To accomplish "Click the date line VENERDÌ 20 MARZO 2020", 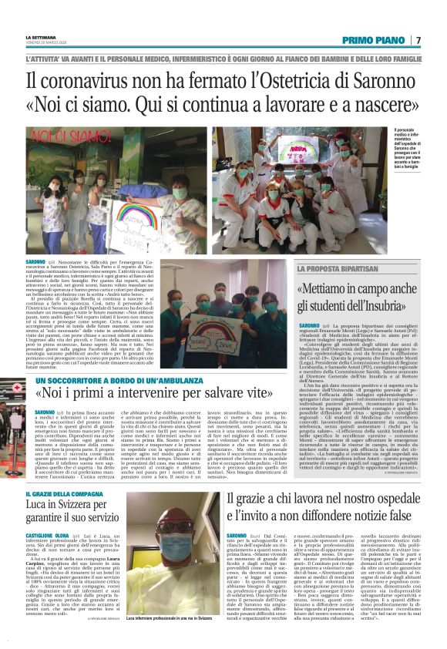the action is [46, 42].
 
